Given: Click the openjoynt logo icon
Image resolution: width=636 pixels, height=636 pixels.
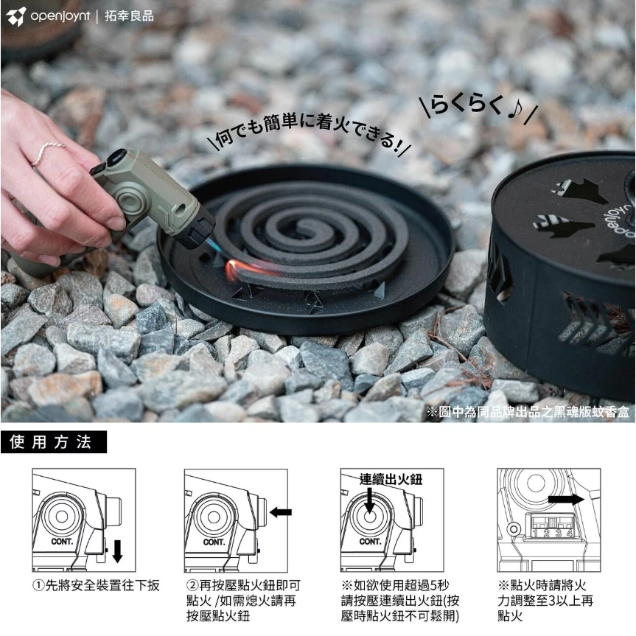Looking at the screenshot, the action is coord(16,16).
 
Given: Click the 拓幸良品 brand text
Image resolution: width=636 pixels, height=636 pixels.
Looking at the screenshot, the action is coord(129,16).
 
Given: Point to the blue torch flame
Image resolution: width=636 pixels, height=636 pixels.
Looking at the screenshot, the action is coord(212,245).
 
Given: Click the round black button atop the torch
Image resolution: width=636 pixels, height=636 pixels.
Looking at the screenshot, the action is coord(116,158).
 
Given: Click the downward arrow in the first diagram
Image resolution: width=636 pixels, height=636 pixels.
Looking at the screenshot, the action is coord(117,551).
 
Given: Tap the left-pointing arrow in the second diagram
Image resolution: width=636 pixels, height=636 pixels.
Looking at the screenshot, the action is coord(281,512).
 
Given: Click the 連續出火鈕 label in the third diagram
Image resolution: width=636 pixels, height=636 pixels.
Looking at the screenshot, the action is coord(391,479).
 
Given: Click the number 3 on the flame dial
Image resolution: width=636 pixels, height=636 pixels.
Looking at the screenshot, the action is coord(559,533).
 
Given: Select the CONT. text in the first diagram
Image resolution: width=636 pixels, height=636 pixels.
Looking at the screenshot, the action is coord(62,542).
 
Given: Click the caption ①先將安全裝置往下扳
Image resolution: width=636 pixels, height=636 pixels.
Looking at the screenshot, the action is coord(96,585).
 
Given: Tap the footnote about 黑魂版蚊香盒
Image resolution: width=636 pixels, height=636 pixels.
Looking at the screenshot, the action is coord(528,412).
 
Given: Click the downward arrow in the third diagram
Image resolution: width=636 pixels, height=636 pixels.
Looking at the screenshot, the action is coord(369,501).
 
